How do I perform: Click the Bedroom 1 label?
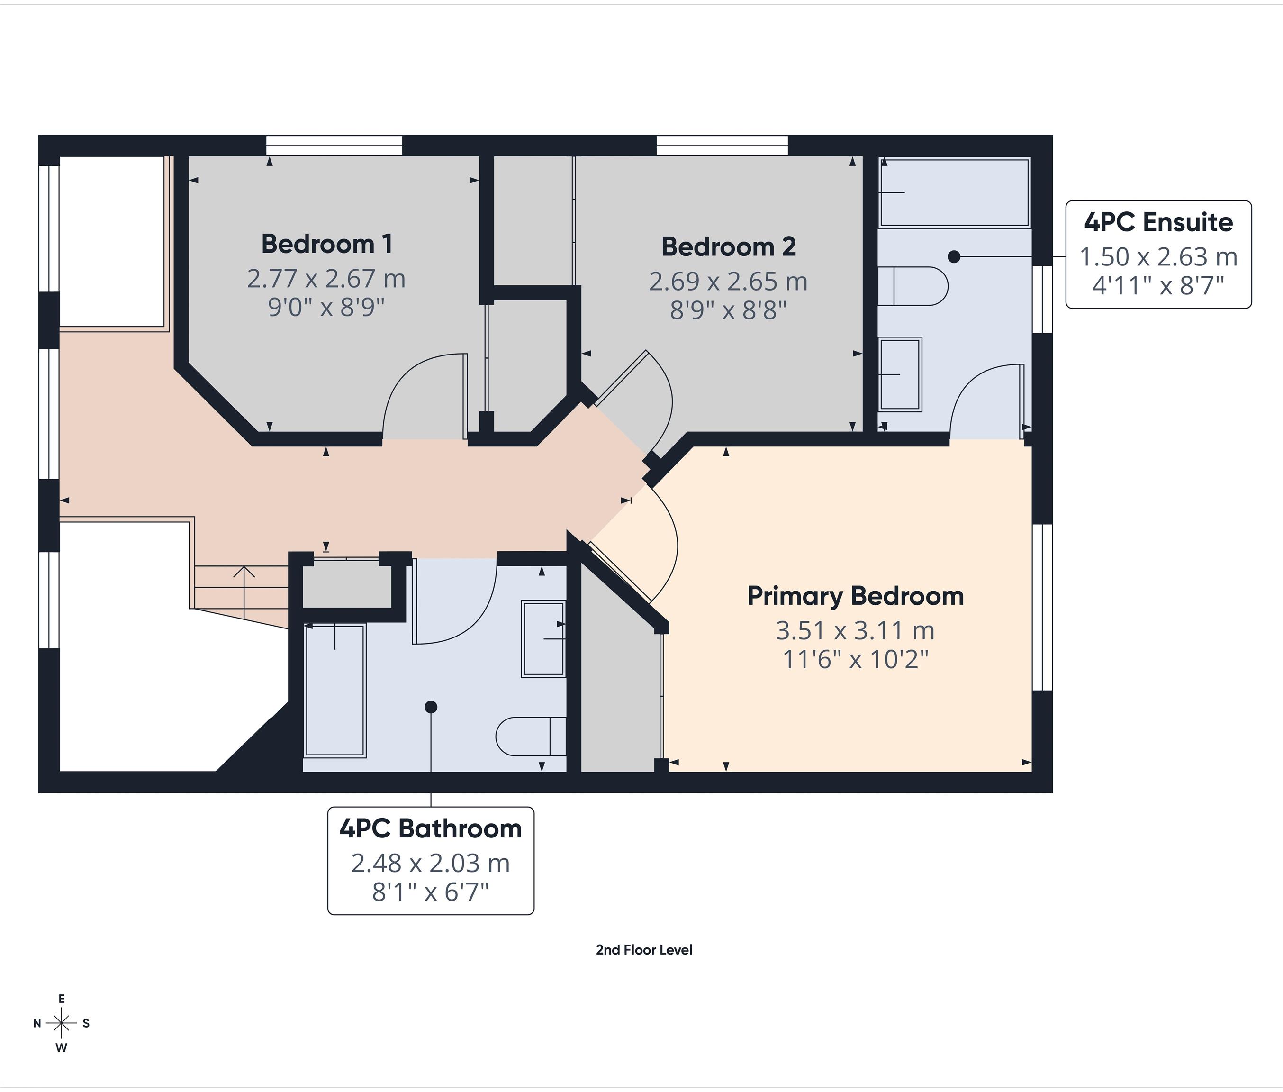click(327, 244)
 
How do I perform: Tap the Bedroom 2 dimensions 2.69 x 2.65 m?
click(728, 282)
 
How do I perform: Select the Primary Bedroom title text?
click(855, 596)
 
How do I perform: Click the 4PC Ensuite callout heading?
click(1158, 222)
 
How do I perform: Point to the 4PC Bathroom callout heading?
click(430, 828)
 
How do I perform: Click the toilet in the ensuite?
click(913, 286)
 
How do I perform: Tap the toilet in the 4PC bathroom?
click(531, 736)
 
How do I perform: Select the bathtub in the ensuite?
click(954, 192)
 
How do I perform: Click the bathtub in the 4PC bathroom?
click(335, 690)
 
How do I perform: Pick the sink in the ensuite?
click(900, 374)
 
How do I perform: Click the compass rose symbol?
click(61, 1023)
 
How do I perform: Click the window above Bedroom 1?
click(334, 146)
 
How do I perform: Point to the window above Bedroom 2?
click(722, 146)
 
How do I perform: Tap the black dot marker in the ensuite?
click(954, 256)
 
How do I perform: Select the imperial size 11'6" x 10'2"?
click(855, 660)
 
